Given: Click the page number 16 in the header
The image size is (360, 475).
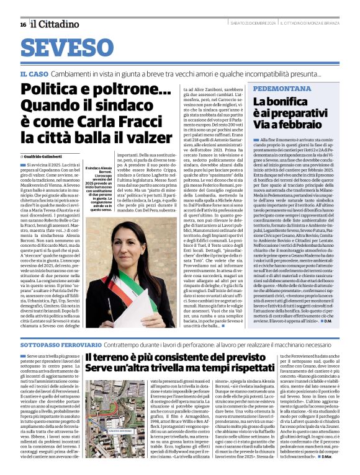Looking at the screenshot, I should pos(23,24).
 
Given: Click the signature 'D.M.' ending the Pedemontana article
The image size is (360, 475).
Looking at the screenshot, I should pos(344,319).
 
